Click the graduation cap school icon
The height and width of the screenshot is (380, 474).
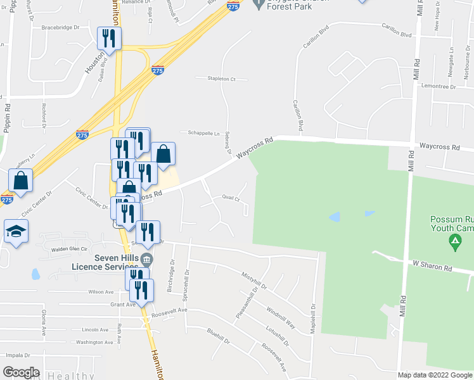click(16, 231)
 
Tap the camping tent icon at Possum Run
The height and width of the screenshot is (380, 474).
click(454, 241)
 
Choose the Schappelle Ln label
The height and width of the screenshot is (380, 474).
click(203, 133)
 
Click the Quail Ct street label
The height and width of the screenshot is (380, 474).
click(231, 198)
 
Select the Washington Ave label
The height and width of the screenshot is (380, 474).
click(90, 342)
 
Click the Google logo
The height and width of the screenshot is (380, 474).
click(21, 372)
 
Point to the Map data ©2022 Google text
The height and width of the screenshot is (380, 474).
click(434, 375)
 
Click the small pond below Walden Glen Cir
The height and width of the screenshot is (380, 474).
click(35, 274)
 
